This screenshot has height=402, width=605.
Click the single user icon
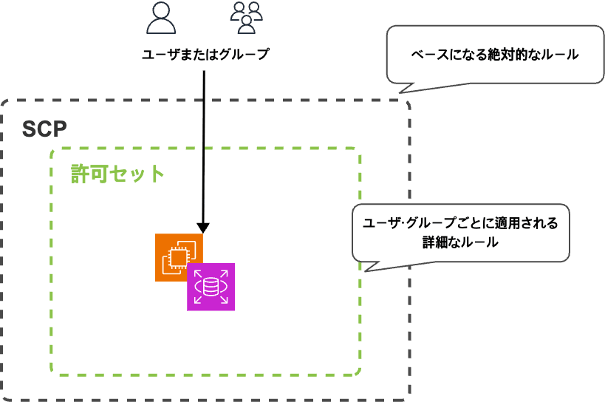coord(162,18)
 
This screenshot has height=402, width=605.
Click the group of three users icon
coord(247,18)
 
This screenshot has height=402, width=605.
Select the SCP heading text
coord(44,129)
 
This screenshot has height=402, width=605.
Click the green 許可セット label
coord(117,174)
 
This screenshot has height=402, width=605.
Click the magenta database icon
coord(211,286)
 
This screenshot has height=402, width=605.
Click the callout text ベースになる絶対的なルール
coord(494,55)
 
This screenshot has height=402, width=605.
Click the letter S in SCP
coord(28,129)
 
